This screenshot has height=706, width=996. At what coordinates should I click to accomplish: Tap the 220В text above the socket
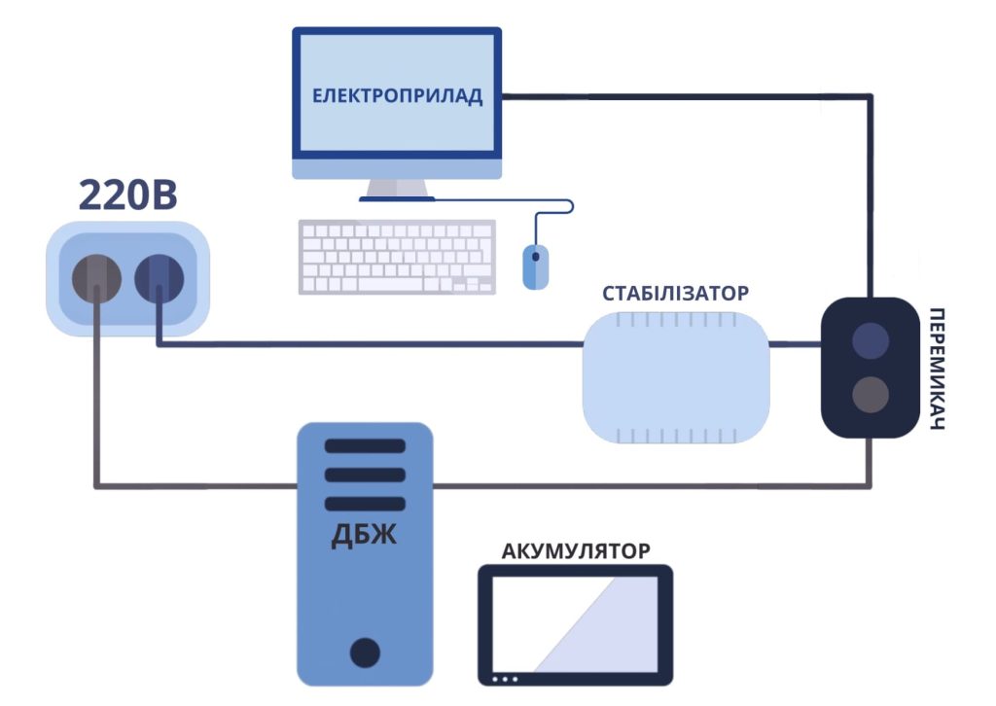[127, 195]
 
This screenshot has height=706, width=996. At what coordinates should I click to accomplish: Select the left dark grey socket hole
[96, 278]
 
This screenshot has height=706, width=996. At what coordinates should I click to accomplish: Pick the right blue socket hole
[159, 278]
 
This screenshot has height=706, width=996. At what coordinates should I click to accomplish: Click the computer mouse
[535, 265]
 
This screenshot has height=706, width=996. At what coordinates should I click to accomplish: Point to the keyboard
[397, 257]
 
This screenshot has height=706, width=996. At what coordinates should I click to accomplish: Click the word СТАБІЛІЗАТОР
[676, 293]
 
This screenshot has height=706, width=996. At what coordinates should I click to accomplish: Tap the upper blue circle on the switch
[870, 341]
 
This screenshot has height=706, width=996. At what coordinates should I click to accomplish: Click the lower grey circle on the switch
[870, 395]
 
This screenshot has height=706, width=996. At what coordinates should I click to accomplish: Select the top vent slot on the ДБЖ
[365, 446]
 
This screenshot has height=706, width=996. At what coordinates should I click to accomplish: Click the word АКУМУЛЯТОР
[576, 551]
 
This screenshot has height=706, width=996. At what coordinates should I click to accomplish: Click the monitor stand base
[397, 198]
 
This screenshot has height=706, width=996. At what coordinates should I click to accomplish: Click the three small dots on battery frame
[506, 678]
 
